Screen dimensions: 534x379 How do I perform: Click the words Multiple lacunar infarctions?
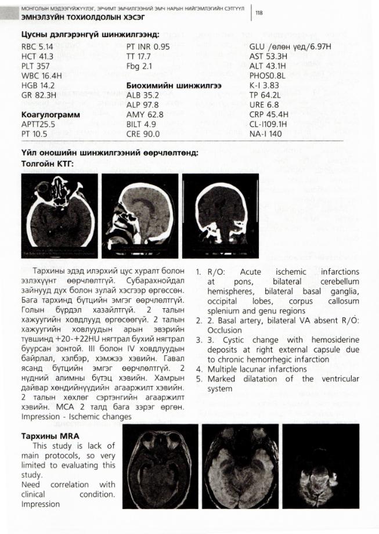[258, 369]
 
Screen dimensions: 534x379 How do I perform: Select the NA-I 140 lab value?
[266, 133]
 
